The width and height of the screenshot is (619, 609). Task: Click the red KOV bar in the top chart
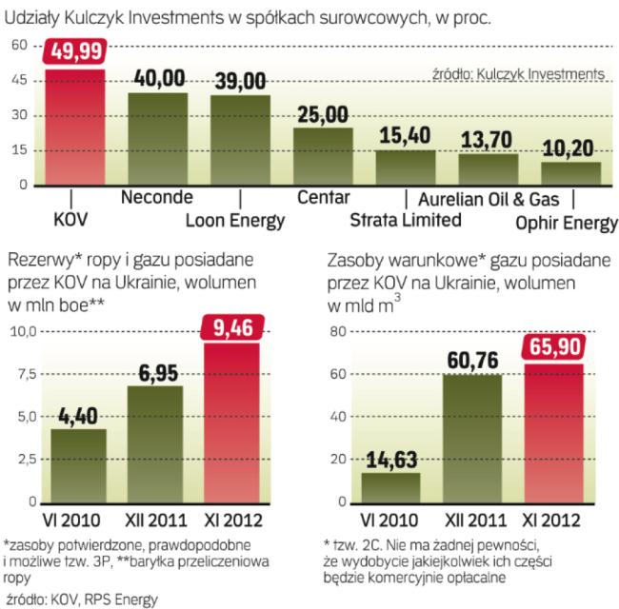(x=75, y=128)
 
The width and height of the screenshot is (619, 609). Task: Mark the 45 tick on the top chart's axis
(x=18, y=81)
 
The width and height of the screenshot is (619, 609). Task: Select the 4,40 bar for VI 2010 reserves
(x=78, y=466)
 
